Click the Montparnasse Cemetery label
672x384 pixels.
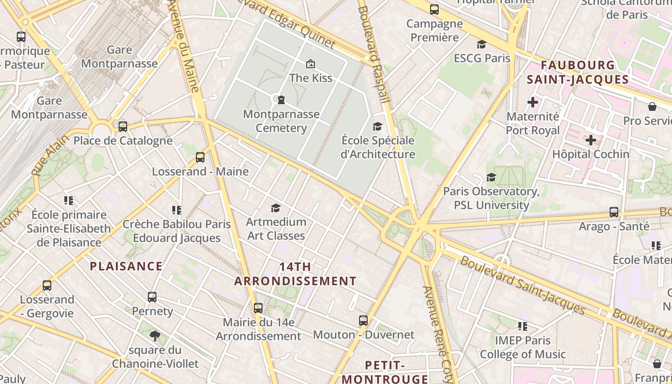pyautogui.click(x=281, y=121)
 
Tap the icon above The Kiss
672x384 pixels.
pyautogui.click(x=311, y=63)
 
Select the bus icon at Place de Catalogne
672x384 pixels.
pyautogui.click(x=123, y=127)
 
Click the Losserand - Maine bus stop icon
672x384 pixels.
pyautogui.click(x=200, y=157)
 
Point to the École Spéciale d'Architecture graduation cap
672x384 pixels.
pyautogui.click(x=378, y=126)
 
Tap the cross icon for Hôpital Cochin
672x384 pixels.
pyautogui.click(x=591, y=140)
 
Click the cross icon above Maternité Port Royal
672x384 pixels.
pyautogui.click(x=533, y=102)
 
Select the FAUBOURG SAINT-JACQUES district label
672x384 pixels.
pyautogui.click(x=577, y=72)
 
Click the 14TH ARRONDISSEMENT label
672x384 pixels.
pyautogui.click(x=295, y=274)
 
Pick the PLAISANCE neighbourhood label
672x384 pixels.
pyautogui.click(x=126, y=266)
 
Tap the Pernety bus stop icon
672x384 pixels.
pyautogui.click(x=152, y=297)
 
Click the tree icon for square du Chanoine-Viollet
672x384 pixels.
pyautogui.click(x=155, y=336)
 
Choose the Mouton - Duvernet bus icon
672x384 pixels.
pyautogui.click(x=363, y=320)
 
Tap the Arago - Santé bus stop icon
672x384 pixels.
pyautogui.click(x=614, y=212)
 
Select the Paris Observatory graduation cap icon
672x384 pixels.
pyautogui.click(x=491, y=178)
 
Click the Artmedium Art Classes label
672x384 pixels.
pyautogui.click(x=276, y=228)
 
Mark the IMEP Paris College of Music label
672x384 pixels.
pyautogui.click(x=523, y=348)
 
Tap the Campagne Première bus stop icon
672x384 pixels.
pyautogui.click(x=434, y=9)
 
